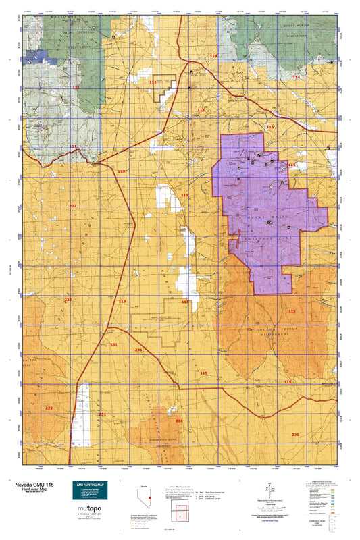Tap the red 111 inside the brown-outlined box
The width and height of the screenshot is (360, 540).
click(x=153, y=82)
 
